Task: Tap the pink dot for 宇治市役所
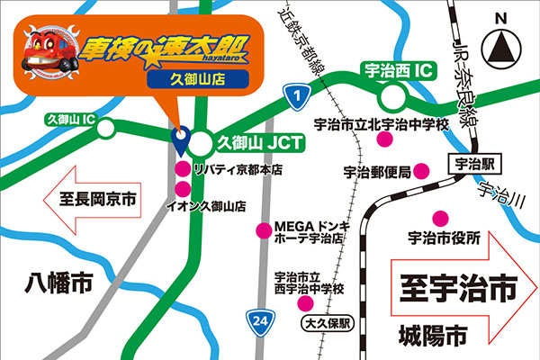[x=440, y=218]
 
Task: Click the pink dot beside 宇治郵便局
[x=424, y=171]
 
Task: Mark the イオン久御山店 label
[x=208, y=206]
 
